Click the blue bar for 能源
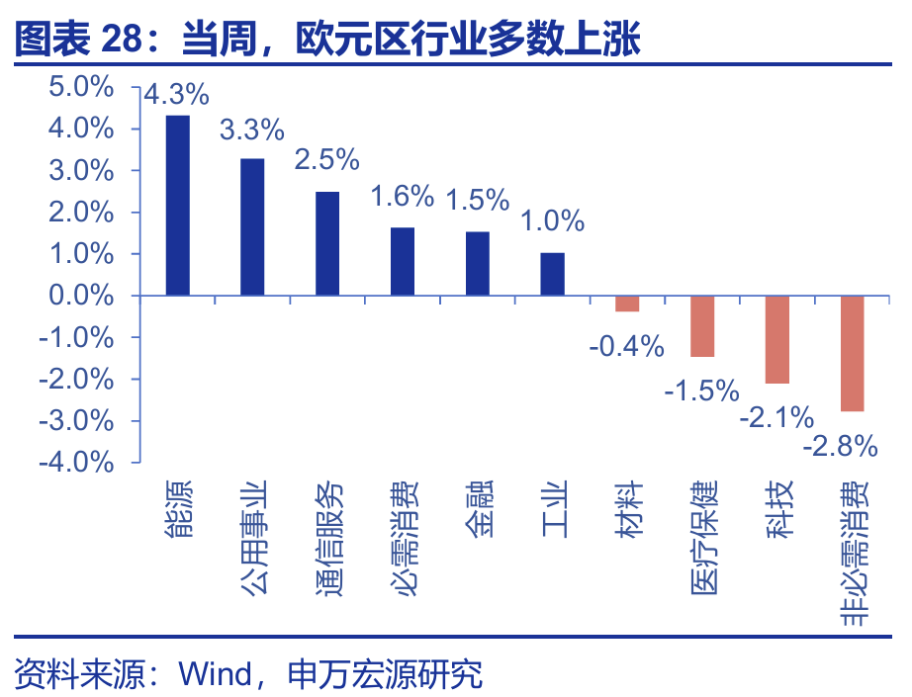pos(177,206)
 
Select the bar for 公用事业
pos(252,226)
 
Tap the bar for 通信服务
pos(327,243)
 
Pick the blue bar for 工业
pos(552,274)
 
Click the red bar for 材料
pos(627,304)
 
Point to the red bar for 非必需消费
pos(853,353)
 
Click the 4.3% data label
pos(177,95)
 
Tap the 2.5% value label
pos(327,160)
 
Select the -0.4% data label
pos(625,346)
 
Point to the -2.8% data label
pos(841,446)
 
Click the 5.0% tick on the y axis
pos(82,88)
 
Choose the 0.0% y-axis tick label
pos(82,296)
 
